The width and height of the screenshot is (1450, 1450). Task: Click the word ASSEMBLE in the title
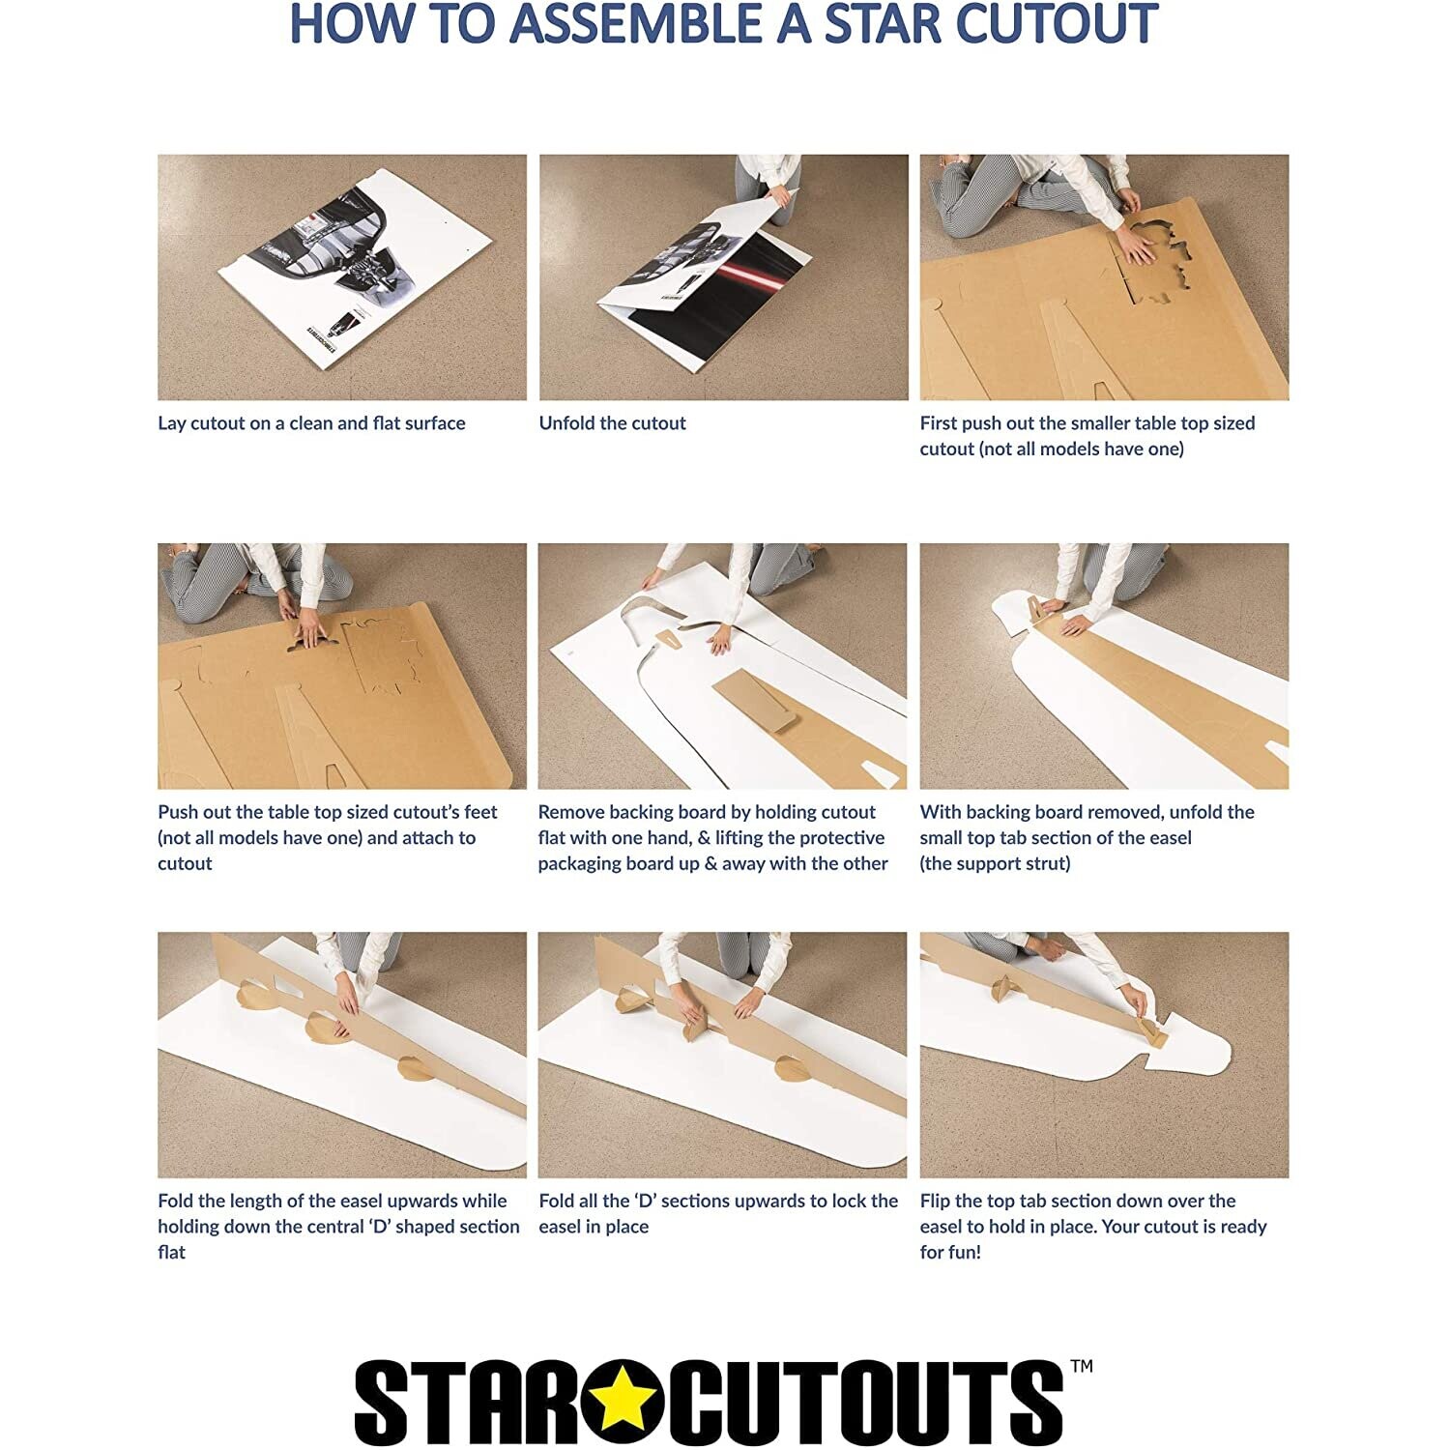pyautogui.click(x=637, y=25)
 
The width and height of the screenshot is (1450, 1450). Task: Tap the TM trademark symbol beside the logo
pyautogui.click(x=1082, y=1366)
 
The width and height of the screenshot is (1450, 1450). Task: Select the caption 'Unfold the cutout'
pyautogui.click(x=612, y=423)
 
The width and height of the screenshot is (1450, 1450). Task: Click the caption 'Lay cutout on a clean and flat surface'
pyautogui.click(x=311, y=423)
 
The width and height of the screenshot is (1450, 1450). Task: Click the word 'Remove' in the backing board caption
pyautogui.click(x=570, y=812)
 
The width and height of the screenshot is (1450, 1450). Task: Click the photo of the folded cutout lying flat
pyautogui.click(x=342, y=277)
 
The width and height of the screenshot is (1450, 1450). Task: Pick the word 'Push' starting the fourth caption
pyautogui.click(x=177, y=812)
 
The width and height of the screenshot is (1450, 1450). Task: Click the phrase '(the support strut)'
pyautogui.click(x=995, y=863)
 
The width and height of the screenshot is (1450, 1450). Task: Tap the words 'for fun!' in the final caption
pyautogui.click(x=950, y=1252)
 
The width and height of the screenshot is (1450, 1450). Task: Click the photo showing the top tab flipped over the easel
pyautogui.click(x=1104, y=1055)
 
